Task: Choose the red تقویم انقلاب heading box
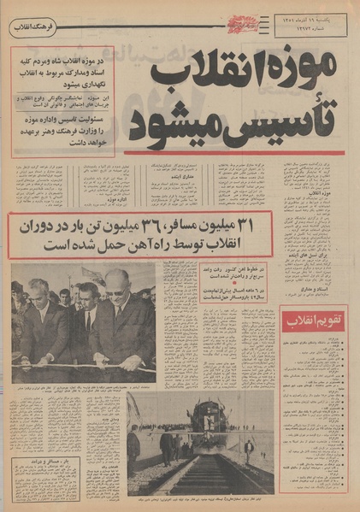tap(314, 321)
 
